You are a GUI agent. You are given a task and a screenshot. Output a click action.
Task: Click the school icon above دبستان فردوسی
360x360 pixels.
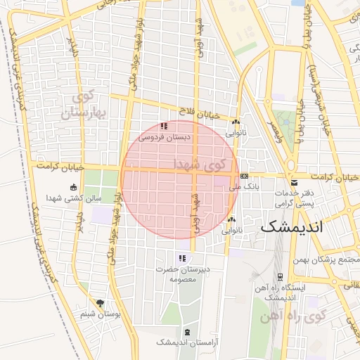164,126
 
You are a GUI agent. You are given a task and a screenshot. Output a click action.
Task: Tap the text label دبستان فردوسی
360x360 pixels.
165,138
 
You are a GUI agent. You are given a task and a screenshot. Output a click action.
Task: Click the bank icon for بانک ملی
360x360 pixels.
244,176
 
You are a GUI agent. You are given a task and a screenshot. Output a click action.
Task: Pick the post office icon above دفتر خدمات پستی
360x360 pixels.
291,184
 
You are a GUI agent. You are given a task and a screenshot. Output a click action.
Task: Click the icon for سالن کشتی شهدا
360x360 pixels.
75,186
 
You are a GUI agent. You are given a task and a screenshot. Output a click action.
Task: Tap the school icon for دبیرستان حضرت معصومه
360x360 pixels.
182,258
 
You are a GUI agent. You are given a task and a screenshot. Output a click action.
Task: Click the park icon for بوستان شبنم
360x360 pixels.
100,303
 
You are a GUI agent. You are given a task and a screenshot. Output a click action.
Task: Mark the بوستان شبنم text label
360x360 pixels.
98,314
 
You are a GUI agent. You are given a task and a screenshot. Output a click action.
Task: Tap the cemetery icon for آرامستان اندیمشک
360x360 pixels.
186,331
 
